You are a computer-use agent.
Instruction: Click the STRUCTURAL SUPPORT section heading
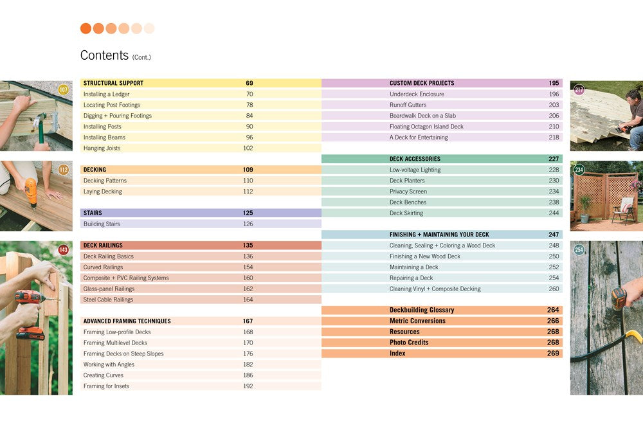click(113, 83)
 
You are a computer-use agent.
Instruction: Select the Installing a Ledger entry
click(106, 94)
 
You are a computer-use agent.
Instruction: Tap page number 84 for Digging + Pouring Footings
click(249, 116)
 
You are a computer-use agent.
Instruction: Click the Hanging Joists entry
click(102, 148)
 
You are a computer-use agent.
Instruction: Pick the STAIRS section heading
click(93, 213)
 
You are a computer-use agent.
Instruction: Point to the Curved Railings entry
click(103, 267)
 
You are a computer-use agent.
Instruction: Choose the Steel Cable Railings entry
click(108, 300)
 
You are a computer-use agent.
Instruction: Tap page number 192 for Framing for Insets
click(248, 386)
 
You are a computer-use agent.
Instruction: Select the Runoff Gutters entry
click(408, 105)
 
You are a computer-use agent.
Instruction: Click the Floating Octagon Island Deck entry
click(426, 127)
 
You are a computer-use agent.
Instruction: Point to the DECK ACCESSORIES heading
click(415, 159)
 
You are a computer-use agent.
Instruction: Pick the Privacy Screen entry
click(408, 192)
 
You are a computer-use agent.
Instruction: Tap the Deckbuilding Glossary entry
click(422, 310)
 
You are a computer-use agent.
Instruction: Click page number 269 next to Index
click(553, 354)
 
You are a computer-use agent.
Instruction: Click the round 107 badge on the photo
click(63, 90)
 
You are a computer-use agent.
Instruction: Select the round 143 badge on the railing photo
click(63, 250)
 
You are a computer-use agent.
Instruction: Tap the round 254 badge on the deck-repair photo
click(579, 250)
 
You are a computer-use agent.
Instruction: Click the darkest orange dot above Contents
click(86, 28)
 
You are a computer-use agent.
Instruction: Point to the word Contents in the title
click(104, 56)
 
